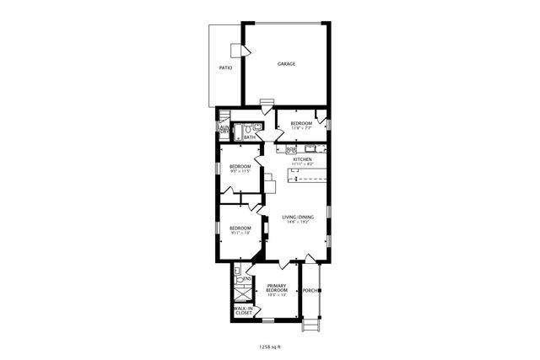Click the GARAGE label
coord(287,64)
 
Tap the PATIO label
coord(225,67)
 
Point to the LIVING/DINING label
coord(298,218)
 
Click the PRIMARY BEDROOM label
coord(277,288)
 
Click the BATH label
coord(250,137)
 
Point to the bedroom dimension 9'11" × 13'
coord(241,234)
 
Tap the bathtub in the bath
coord(239,132)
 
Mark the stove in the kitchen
coord(291,149)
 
